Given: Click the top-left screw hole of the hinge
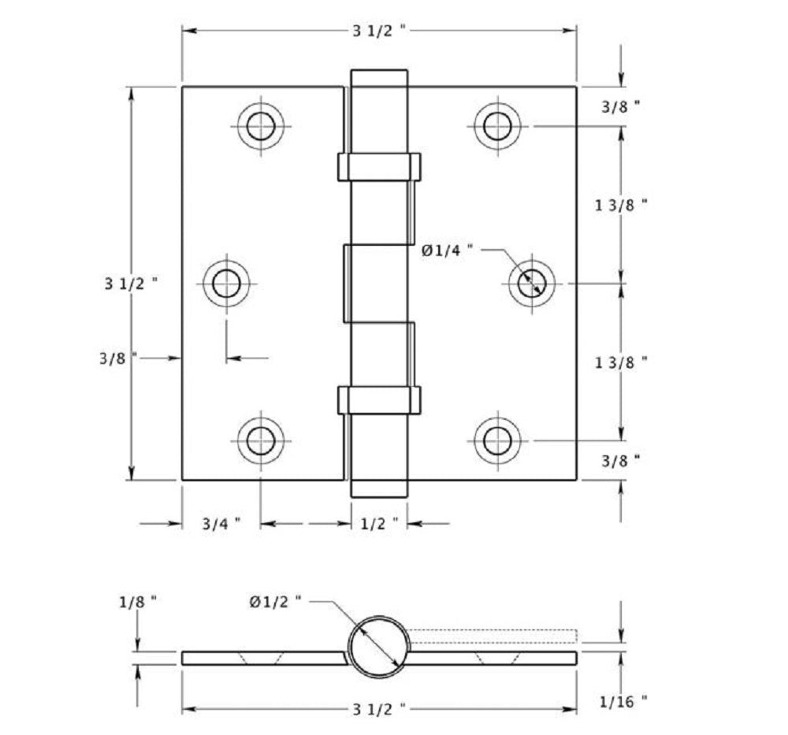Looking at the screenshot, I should [x=261, y=125].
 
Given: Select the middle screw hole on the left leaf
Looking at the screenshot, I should [x=227, y=283].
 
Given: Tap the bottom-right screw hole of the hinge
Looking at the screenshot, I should [x=497, y=440].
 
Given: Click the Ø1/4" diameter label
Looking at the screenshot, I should [x=447, y=250].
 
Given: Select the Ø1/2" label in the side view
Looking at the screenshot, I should [x=275, y=601].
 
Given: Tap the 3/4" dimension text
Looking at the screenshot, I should [x=221, y=523].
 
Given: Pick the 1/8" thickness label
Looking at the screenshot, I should [x=138, y=601].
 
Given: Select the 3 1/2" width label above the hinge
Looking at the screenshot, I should [x=379, y=31].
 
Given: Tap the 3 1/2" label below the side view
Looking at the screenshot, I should [x=379, y=710].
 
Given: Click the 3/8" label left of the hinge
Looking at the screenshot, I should [x=118, y=358].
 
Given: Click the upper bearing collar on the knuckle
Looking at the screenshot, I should [x=379, y=166].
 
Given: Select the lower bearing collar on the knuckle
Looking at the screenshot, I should [x=379, y=399].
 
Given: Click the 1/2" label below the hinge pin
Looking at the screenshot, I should [x=380, y=523].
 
